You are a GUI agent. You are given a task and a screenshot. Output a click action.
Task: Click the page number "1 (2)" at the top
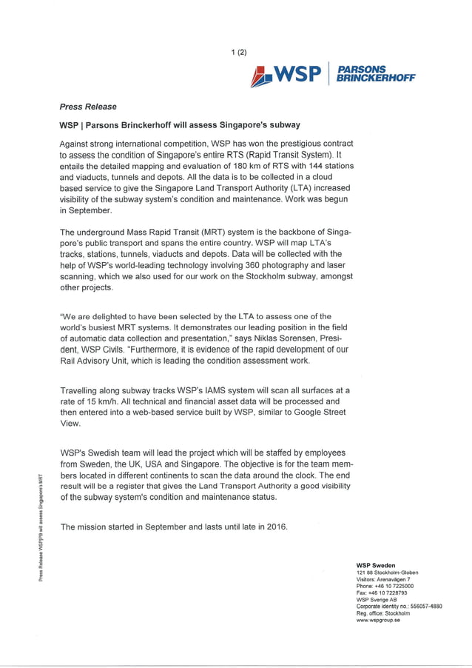tap(238, 52)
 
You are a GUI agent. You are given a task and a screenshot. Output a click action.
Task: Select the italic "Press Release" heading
tap(88, 107)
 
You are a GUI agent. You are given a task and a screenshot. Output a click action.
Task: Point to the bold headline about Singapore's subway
tap(180, 125)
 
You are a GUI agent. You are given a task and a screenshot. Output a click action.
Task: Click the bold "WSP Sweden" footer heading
tap(376, 566)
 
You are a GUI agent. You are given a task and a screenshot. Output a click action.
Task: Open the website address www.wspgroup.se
tap(378, 620)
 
